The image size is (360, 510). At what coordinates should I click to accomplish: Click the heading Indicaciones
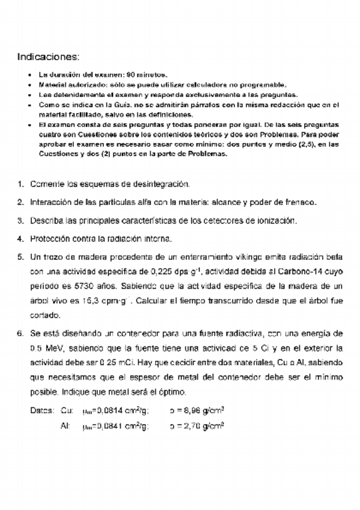48,57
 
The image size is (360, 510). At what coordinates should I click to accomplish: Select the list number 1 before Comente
20,184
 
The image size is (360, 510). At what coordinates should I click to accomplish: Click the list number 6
20,332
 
